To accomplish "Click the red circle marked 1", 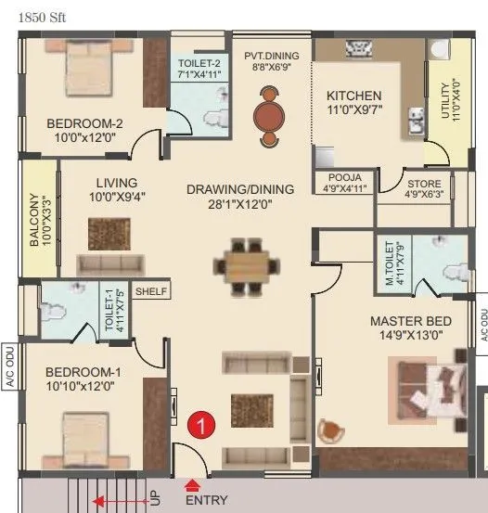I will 199,425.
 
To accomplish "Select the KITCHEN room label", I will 353,96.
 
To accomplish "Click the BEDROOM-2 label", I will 85,122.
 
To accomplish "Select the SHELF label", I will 151,291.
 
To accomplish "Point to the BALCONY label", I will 33,218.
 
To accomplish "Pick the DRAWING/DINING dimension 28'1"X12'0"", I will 240,206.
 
